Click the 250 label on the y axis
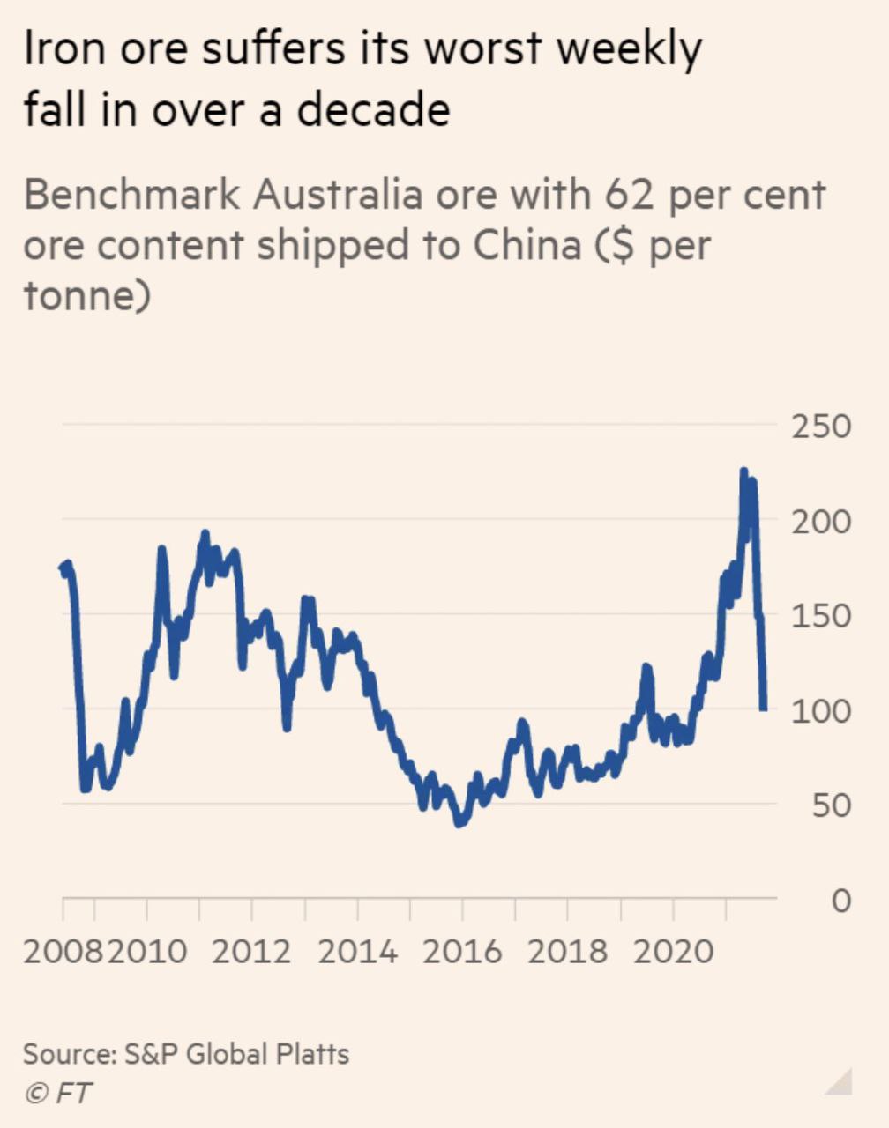click(x=821, y=427)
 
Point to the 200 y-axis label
click(x=821, y=522)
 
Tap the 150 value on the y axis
click(x=821, y=616)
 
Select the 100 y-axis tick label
click(x=821, y=711)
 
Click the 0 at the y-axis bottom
click(x=841, y=901)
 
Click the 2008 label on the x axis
click(x=62, y=952)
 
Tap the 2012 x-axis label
click(x=251, y=952)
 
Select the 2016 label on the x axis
click(x=461, y=952)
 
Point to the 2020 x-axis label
click(x=673, y=952)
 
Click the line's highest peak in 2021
click(x=743, y=472)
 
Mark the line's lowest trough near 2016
click(x=459, y=823)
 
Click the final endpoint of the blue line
click(x=764, y=707)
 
